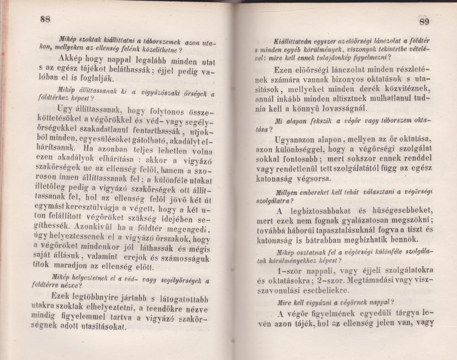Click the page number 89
coord(424,22)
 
